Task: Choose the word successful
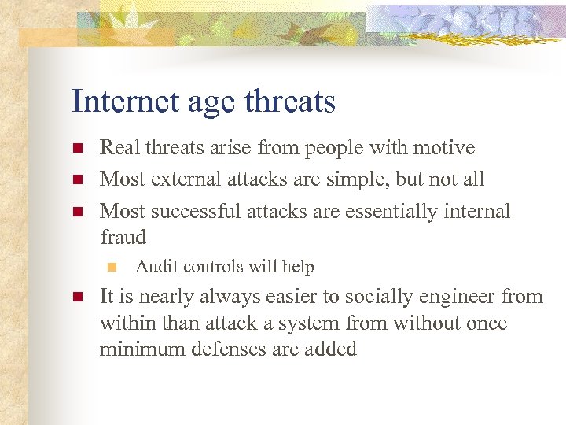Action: pyautogui.click(x=197, y=211)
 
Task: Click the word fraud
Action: pyautogui.click(x=123, y=236)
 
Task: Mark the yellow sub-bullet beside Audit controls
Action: pyautogui.click(x=112, y=268)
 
